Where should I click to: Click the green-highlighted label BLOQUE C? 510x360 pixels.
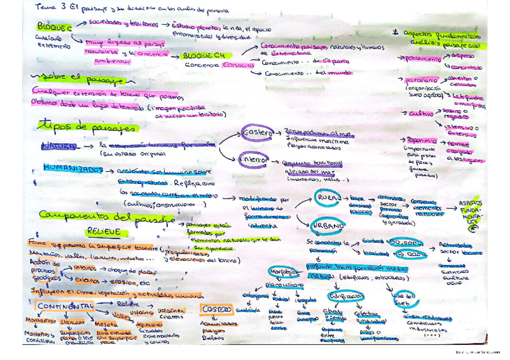54,27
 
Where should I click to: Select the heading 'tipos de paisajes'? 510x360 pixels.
87,127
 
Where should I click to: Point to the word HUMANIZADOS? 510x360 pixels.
73,170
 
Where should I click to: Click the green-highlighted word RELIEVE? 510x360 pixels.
103,231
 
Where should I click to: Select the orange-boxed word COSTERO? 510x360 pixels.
217,310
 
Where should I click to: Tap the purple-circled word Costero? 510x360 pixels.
255,132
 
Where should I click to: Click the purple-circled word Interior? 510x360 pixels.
252,160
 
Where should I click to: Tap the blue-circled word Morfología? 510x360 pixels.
280,270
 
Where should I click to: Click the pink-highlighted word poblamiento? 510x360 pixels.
419,59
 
